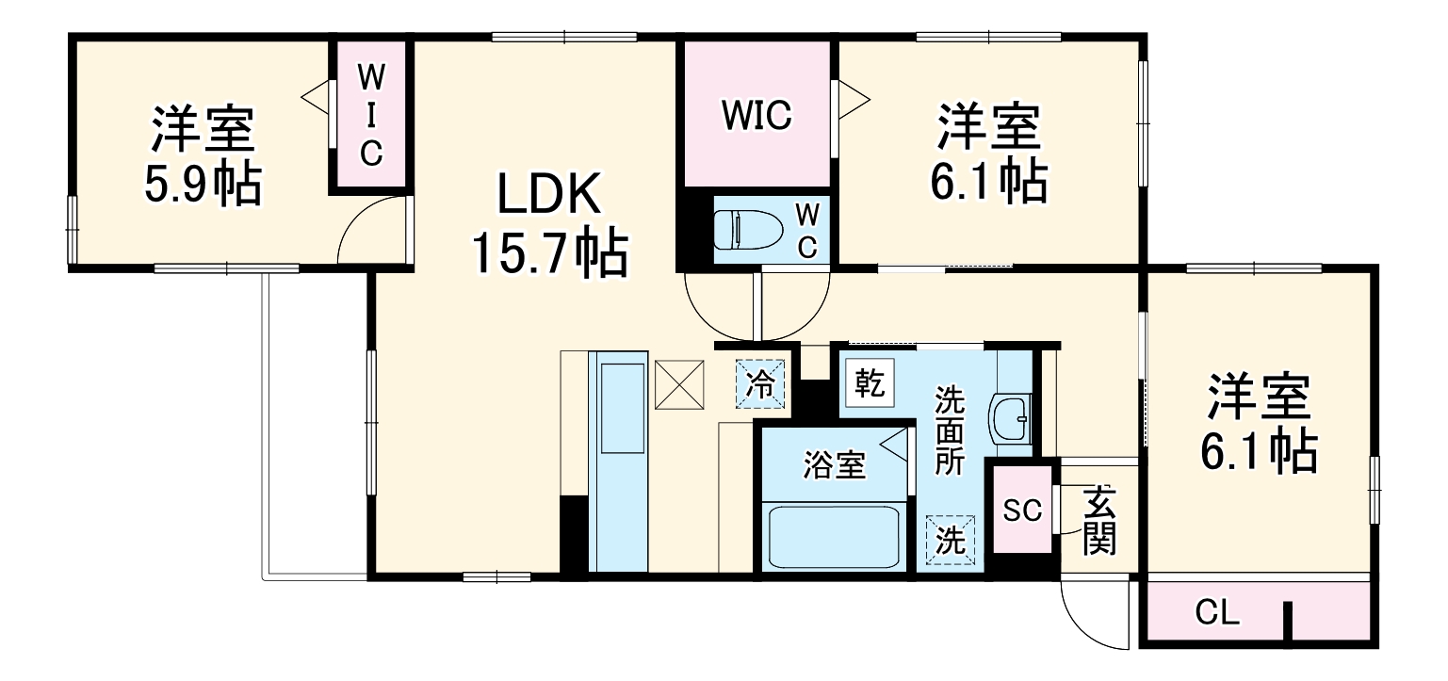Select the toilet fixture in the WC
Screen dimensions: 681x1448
tap(744, 229)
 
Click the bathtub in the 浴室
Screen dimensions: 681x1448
tap(833, 538)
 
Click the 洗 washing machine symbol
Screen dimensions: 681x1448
tap(951, 541)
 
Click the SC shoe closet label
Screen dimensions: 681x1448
tap(1021, 511)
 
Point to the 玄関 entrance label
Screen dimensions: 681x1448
tap(1098, 520)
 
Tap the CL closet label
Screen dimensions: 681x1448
tap(1217, 613)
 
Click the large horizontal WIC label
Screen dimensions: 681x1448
tap(757, 115)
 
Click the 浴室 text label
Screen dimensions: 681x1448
tap(834, 464)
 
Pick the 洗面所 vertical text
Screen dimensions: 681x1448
tap(949, 430)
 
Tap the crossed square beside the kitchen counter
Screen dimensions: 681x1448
tap(681, 385)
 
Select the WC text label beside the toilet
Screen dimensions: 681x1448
tap(807, 230)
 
